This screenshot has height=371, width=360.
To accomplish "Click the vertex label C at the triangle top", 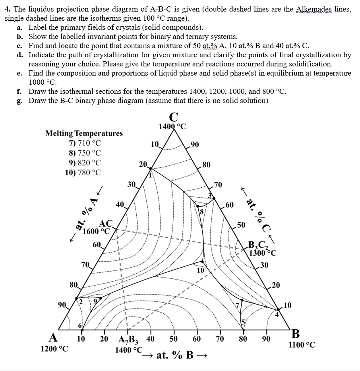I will click(173, 117).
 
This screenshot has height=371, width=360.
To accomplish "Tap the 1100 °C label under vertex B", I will click(302, 345).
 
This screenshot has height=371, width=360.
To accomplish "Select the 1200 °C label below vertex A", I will click(54, 349).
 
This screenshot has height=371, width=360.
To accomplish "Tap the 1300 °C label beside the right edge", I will click(262, 252).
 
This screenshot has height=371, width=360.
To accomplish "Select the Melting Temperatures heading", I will click(84, 133).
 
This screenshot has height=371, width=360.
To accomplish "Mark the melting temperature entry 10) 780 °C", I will click(83, 173).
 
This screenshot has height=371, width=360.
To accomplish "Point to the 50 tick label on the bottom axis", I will click(174, 339).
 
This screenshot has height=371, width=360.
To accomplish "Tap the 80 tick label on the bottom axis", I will click(243, 339).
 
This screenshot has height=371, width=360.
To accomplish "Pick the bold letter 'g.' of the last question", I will click(19, 101).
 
